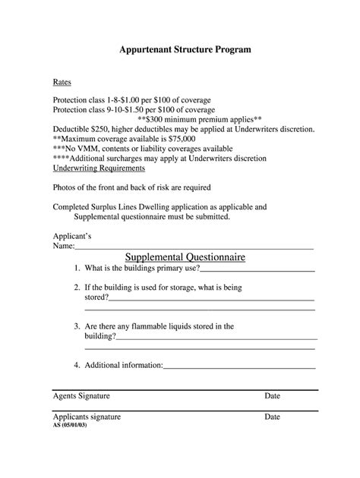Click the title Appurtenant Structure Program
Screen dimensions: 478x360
179,49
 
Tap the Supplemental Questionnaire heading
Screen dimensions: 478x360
185,257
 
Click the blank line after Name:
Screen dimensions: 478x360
194,247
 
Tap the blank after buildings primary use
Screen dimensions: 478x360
257,269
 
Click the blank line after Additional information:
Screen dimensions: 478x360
239,366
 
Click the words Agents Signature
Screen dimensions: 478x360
81,396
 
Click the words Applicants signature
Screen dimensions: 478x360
87,417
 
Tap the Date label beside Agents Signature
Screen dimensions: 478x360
273,396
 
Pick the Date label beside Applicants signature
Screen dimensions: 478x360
273,417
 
